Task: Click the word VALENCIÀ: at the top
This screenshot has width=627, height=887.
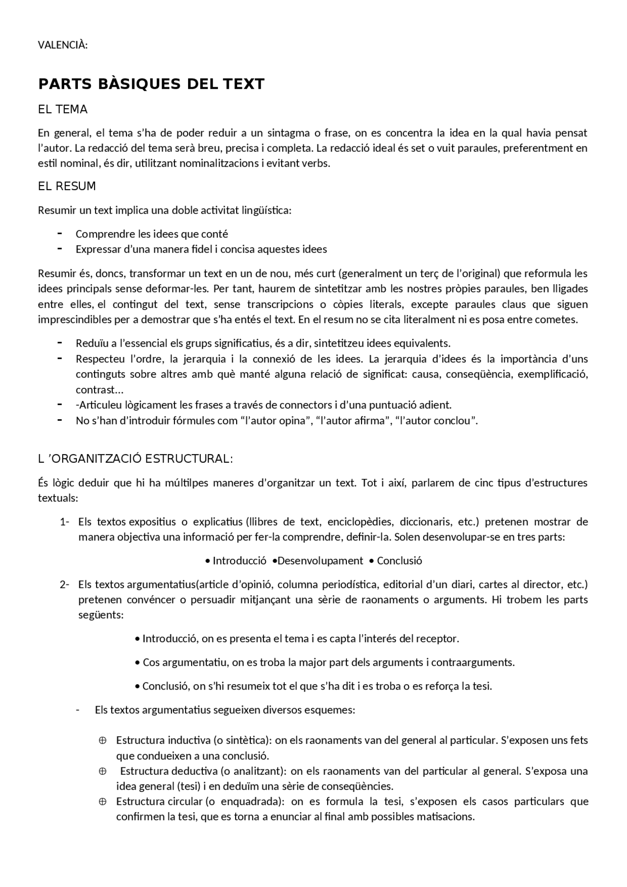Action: pyautogui.click(x=63, y=46)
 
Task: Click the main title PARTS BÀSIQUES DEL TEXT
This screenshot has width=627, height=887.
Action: pyautogui.click(x=151, y=84)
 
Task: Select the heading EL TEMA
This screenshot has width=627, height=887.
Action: pyautogui.click(x=63, y=110)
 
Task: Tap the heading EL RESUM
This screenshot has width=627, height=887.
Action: pyautogui.click(x=67, y=187)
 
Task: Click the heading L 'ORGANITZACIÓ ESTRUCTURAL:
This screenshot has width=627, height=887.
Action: pyautogui.click(x=135, y=459)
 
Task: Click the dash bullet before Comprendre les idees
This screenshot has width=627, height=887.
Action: pyautogui.click(x=60, y=233)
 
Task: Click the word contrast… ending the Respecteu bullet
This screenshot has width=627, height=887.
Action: pyautogui.click(x=99, y=390)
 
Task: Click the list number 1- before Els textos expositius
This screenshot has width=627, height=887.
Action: pyautogui.click(x=65, y=522)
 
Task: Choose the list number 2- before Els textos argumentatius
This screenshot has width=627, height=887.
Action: pyautogui.click(x=65, y=584)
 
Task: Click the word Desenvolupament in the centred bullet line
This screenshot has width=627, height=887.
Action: pyautogui.click(x=320, y=561)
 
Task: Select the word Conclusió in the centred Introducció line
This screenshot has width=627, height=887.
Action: pyautogui.click(x=399, y=561)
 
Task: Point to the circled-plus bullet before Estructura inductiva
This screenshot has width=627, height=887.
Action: pyautogui.click(x=103, y=741)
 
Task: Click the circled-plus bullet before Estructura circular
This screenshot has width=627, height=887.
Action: pyautogui.click(x=103, y=802)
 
